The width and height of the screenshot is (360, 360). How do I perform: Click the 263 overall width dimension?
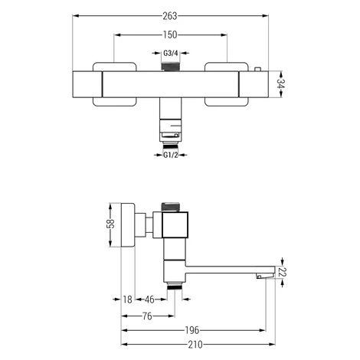click(x=170, y=16)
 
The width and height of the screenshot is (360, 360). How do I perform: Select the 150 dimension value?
click(x=170, y=34)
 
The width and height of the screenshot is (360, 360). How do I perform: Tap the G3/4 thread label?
click(x=170, y=54)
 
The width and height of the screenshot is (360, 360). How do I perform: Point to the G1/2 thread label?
click(x=171, y=155)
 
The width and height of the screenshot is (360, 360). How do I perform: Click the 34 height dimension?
click(x=280, y=84)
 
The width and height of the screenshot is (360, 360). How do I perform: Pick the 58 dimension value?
click(x=111, y=224)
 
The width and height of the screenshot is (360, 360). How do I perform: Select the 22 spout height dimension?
click(x=283, y=272)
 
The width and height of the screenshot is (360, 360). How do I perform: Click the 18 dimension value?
click(x=127, y=299)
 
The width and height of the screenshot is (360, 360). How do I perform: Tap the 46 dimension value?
click(x=149, y=299)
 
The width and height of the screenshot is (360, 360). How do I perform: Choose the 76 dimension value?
click(x=147, y=316)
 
